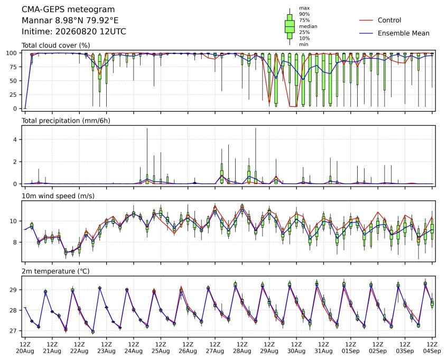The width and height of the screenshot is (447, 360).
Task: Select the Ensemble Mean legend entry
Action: tap(394, 33)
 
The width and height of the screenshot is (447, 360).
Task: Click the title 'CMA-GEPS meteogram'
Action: tap(68, 10)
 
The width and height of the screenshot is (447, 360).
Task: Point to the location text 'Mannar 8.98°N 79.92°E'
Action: tap(70, 21)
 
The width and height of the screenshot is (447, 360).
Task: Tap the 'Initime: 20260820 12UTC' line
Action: tap(74, 31)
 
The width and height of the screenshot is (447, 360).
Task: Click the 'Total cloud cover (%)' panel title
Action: tap(56, 45)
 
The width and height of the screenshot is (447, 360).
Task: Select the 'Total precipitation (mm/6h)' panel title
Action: tap(66, 121)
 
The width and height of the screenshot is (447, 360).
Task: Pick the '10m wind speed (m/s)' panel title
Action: tap(58, 196)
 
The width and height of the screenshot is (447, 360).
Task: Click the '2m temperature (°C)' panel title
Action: tap(55, 271)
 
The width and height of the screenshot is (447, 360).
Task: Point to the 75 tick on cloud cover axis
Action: tap(14, 67)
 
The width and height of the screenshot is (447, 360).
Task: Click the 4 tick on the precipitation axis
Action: tap(15, 140)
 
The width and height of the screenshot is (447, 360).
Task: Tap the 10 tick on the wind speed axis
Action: tap(14, 221)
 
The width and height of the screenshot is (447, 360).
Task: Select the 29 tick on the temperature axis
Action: tap(14, 290)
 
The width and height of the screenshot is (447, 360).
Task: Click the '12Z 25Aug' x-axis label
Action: tap(161, 348)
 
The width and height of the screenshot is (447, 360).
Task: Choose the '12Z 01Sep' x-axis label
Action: tap(351, 348)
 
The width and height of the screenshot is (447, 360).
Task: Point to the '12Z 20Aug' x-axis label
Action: tap(25, 348)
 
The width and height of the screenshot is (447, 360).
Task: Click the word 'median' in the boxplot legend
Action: tap(308, 26)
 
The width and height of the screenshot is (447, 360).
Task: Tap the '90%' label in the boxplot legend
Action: tap(304, 14)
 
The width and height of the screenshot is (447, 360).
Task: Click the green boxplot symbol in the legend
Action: tap(290, 26)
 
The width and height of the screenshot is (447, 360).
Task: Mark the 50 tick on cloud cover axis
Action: tap(14, 81)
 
